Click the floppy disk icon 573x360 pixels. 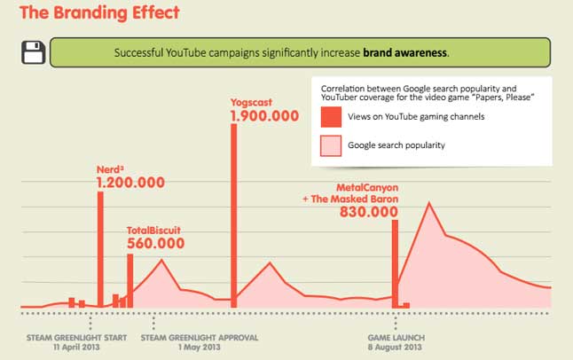(34, 52)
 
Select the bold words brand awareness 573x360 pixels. (404, 52)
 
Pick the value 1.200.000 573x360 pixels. (130, 183)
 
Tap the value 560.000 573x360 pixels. (156, 243)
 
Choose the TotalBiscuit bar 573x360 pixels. (130, 280)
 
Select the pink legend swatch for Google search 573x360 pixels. (330, 145)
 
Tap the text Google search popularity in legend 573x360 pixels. (396, 145)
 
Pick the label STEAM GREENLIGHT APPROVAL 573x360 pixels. (200, 338)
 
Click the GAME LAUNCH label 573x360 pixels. (396, 338)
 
